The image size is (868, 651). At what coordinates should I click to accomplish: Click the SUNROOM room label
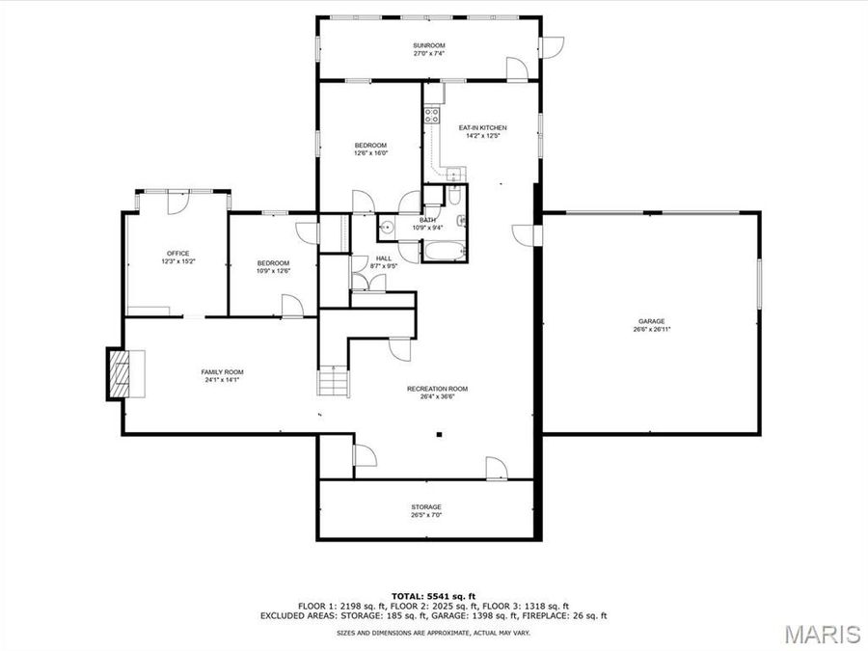429,45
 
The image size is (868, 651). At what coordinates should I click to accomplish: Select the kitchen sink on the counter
451,174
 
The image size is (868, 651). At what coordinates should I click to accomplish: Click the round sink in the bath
386,228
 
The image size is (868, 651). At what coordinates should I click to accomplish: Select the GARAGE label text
651,321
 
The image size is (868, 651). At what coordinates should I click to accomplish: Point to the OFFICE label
177,254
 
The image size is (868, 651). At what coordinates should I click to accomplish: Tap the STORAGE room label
426,506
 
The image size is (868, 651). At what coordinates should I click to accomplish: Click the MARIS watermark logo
822,634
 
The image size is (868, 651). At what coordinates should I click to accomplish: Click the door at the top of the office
178,202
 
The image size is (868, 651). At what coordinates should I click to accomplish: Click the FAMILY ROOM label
222,372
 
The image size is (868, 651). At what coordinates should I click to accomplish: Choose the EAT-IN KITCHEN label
482,127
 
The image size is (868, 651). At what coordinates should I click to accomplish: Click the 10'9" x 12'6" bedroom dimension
273,271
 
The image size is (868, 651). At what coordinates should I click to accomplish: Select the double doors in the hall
366,281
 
